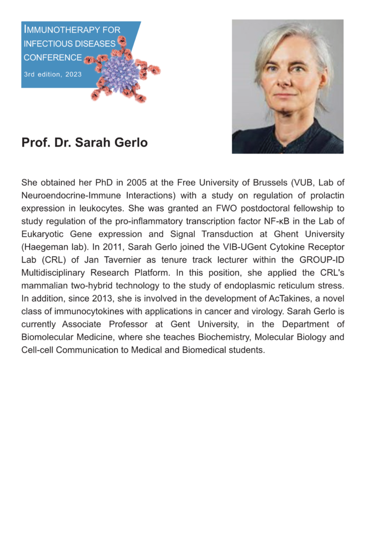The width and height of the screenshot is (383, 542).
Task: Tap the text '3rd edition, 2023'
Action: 53,75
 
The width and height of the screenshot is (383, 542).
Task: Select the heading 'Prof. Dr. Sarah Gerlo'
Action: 85,143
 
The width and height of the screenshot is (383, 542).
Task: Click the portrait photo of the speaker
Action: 287,87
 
